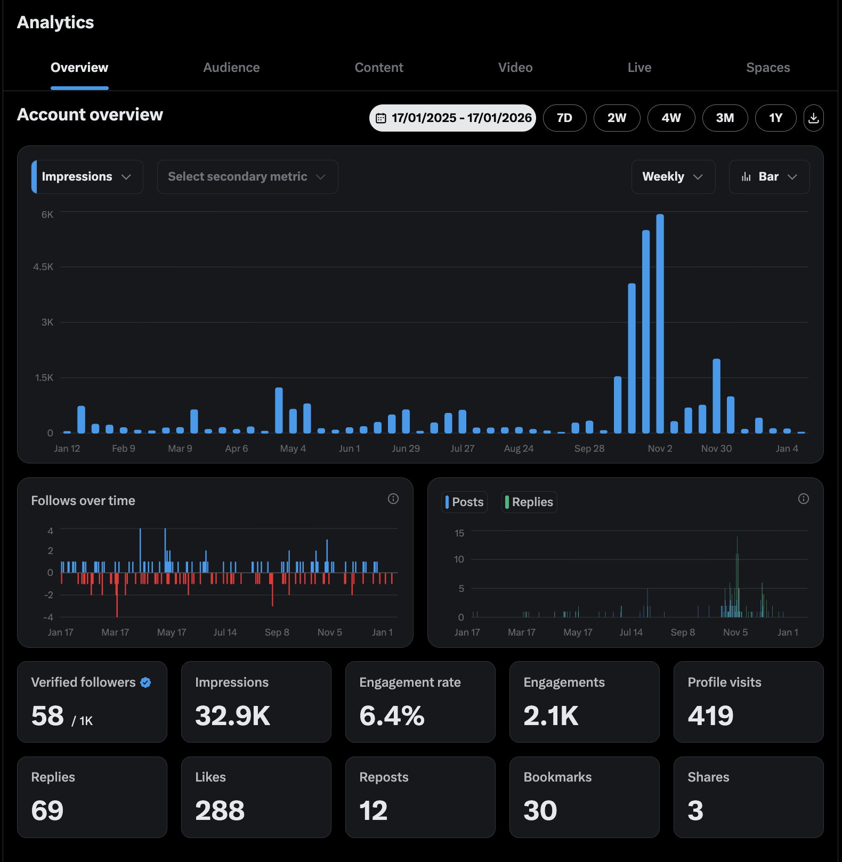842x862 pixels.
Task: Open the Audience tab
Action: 231,68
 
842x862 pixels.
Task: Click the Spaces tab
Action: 767,68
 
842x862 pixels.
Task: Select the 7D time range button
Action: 564,118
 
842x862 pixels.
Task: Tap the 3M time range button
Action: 724,118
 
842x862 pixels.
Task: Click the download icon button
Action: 813,118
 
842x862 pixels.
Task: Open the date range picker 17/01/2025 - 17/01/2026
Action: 452,118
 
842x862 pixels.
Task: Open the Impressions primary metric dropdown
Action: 87,177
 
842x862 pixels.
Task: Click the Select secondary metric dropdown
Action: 247,177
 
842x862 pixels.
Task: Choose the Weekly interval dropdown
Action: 673,177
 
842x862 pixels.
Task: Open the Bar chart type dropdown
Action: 768,177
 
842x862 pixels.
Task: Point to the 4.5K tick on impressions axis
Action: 43,267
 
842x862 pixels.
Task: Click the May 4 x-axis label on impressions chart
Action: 293,449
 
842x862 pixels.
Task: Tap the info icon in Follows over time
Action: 393,499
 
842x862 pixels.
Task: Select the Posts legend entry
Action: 464,502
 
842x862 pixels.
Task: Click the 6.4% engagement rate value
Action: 392,715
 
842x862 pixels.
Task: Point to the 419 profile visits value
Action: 710,715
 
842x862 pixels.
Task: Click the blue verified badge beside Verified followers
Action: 145,682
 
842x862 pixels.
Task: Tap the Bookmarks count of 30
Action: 540,810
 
